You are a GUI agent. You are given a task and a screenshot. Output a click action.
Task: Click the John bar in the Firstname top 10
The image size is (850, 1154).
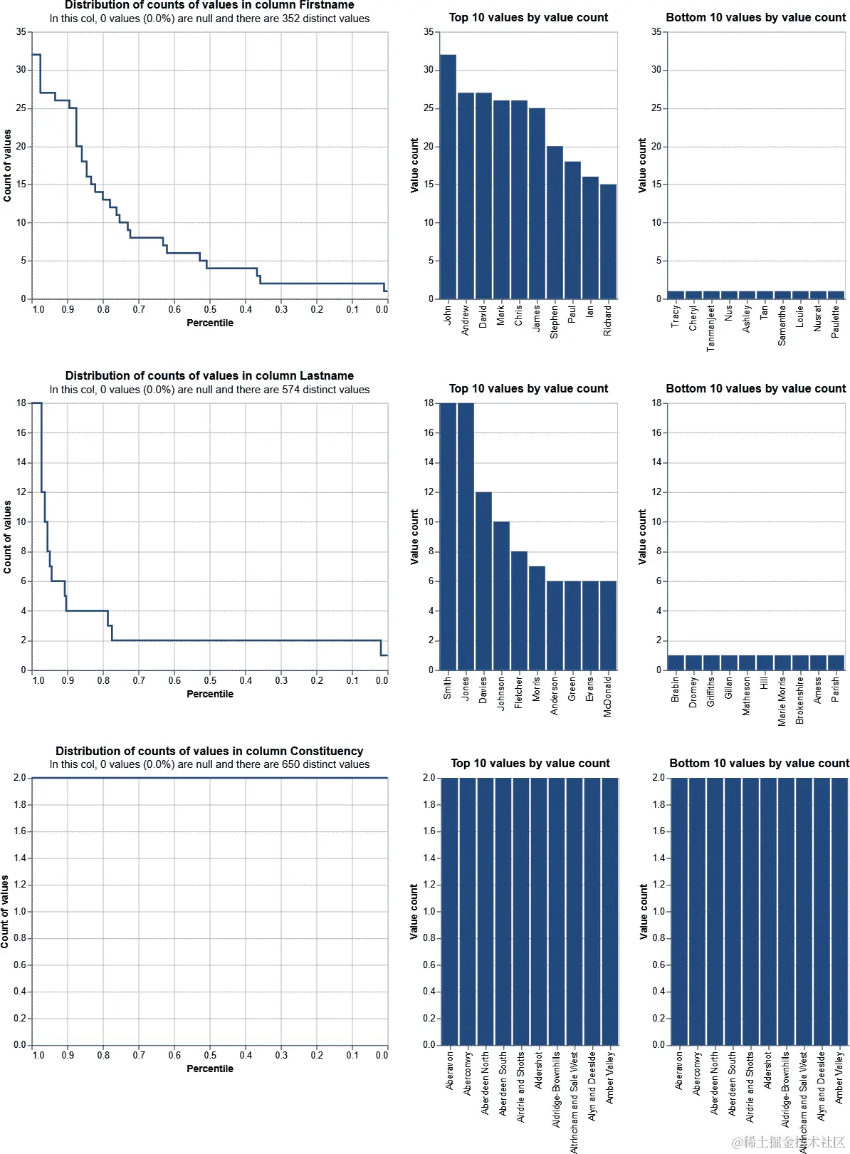[x=448, y=178]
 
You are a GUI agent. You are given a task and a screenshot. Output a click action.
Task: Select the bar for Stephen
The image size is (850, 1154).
[x=555, y=222]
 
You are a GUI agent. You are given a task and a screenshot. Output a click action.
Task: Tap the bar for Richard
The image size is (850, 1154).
[x=608, y=242]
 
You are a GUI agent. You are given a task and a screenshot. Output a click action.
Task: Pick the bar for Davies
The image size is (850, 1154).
[x=483, y=581]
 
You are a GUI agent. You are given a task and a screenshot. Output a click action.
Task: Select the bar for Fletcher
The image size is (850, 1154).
[x=519, y=610]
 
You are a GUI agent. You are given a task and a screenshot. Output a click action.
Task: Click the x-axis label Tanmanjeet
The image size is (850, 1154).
[x=710, y=328]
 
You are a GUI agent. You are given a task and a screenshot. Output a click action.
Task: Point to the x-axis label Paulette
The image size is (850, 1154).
[x=835, y=321]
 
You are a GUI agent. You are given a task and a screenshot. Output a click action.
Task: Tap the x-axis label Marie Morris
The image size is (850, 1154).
[x=782, y=701]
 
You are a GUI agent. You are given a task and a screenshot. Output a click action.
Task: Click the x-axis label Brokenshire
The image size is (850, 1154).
[x=799, y=700]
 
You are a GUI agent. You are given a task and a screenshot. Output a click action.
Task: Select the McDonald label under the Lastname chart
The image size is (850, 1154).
[x=607, y=696]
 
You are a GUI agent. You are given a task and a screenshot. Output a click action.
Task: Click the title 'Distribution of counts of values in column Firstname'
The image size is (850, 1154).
[x=209, y=5]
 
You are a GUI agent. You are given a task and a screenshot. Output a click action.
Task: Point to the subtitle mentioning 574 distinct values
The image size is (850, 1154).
[x=209, y=390]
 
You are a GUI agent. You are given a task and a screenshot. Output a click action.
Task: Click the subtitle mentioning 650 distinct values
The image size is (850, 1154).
[x=209, y=764]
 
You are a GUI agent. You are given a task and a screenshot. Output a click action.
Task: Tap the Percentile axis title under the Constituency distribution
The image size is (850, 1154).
[x=209, y=1069]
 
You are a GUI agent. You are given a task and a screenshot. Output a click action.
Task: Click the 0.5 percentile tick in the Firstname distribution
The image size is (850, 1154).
[x=210, y=309]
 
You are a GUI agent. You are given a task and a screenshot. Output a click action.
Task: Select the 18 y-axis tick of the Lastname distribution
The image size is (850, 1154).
[x=21, y=403]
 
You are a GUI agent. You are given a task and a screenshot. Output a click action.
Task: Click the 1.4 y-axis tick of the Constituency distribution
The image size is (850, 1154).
[x=20, y=858]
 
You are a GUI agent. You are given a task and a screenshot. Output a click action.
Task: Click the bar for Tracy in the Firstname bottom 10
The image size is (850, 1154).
[x=676, y=295]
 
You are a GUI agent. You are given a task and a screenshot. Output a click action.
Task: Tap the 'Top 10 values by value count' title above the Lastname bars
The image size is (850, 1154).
[x=528, y=388]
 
